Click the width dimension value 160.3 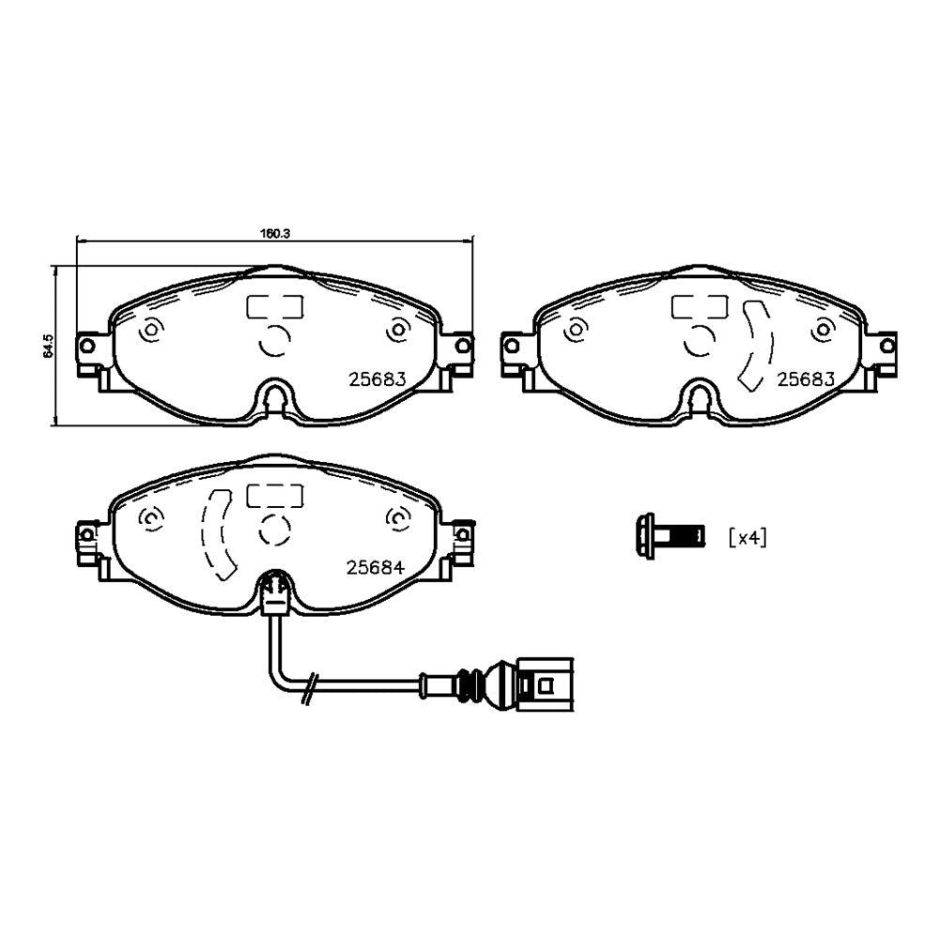tap(275, 234)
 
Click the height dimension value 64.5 tap(49, 346)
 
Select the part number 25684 tap(376, 567)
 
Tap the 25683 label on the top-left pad tap(377, 379)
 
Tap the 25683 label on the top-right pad tap(806, 379)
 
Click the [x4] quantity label tap(747, 537)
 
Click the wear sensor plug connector tap(545, 684)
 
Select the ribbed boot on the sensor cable tap(470, 684)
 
